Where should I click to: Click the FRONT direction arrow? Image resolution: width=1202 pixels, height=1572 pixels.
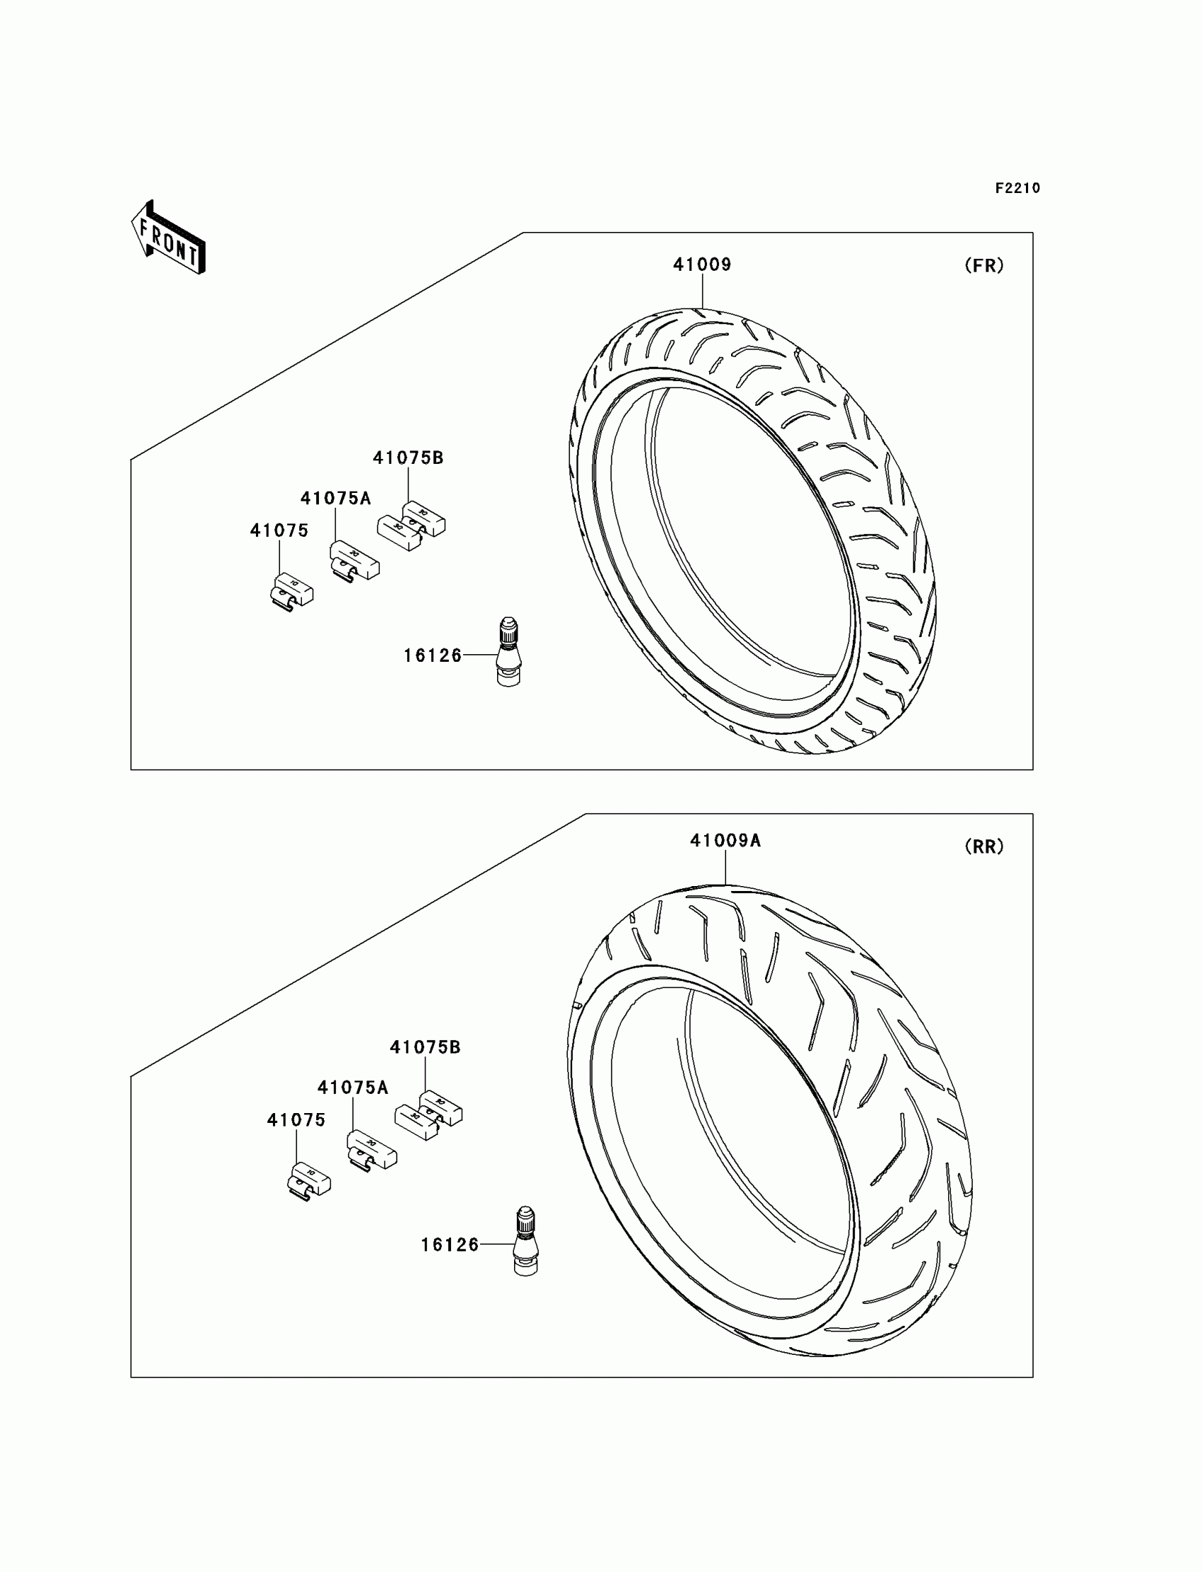click(x=169, y=238)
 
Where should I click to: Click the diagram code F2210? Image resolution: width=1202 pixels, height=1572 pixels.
click(x=1017, y=188)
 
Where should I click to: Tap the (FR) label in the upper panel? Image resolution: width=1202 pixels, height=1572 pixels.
click(x=984, y=265)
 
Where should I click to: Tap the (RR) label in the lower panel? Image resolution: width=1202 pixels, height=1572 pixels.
click(x=984, y=846)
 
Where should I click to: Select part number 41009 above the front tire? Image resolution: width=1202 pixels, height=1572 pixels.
click(x=702, y=264)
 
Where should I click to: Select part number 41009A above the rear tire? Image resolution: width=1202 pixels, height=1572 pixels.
click(x=725, y=841)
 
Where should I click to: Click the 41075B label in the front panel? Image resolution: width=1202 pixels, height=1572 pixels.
click(x=408, y=458)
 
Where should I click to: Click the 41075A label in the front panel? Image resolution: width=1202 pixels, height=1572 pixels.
click(x=336, y=498)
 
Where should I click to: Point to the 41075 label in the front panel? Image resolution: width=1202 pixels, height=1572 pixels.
click(x=279, y=530)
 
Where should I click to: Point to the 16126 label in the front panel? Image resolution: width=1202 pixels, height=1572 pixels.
click(x=433, y=656)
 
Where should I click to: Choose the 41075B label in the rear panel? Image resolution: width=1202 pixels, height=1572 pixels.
click(x=425, y=1047)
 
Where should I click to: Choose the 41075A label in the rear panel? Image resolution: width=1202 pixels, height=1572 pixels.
click(x=353, y=1088)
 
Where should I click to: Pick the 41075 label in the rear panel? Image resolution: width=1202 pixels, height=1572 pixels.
click(x=296, y=1120)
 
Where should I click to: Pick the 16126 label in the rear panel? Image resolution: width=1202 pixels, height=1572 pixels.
click(x=450, y=1245)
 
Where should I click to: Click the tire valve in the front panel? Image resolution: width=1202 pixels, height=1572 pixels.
click(x=508, y=652)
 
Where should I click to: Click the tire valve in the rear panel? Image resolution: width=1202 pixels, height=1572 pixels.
click(x=526, y=1242)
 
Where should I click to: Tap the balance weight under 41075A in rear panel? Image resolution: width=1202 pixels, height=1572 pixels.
click(x=371, y=1150)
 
